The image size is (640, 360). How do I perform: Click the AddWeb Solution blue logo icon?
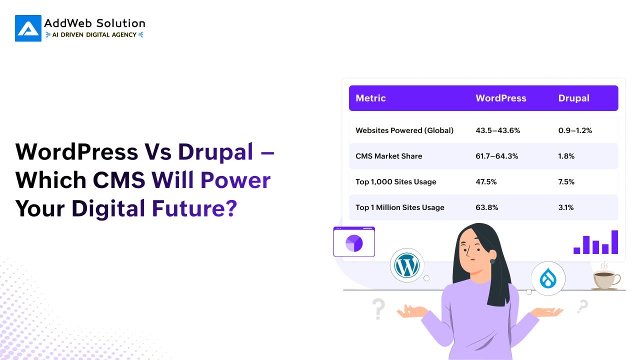click(28, 28)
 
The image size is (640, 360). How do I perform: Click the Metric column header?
click(370, 98)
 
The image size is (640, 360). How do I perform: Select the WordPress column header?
click(501, 98)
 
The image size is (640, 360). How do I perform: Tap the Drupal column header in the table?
click(573, 98)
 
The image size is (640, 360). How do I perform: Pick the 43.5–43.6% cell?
click(497, 130)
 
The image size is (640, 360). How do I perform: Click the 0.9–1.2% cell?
click(575, 130)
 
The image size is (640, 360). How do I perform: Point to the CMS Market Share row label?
click(389, 156)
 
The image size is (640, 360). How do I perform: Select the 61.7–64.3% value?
click(497, 156)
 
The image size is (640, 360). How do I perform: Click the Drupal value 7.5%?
click(566, 181)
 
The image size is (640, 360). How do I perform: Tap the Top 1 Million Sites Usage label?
click(400, 207)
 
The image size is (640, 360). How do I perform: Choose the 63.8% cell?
click(487, 207)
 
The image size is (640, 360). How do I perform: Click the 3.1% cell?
click(566, 207)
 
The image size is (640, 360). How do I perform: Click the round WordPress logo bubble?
click(407, 265)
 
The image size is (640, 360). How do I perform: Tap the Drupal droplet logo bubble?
click(548, 278)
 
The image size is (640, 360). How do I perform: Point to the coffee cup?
click(605, 279)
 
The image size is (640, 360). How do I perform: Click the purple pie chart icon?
click(354, 243)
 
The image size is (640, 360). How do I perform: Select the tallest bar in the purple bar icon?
click(614, 242)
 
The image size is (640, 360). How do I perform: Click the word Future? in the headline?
click(194, 208)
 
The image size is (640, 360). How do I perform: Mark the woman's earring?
click(492, 261)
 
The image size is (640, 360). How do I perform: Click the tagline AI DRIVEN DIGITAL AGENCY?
click(94, 35)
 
